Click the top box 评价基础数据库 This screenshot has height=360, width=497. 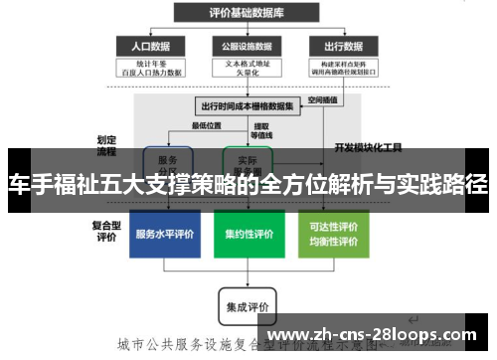click(x=247, y=12)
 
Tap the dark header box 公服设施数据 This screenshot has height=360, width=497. click(x=247, y=46)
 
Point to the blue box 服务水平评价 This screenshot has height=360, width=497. click(x=165, y=235)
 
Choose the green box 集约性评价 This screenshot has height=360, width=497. click(x=248, y=235)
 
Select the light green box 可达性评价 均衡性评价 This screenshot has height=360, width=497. click(x=334, y=234)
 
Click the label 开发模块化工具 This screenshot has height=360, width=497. click(x=368, y=147)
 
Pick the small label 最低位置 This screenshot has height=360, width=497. click(x=206, y=125)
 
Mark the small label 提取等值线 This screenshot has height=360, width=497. click(x=261, y=130)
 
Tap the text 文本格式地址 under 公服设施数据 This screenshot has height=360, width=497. click(x=247, y=63)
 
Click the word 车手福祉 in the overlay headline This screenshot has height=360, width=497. click(x=50, y=185)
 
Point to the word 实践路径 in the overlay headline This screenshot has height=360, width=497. click(x=447, y=185)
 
